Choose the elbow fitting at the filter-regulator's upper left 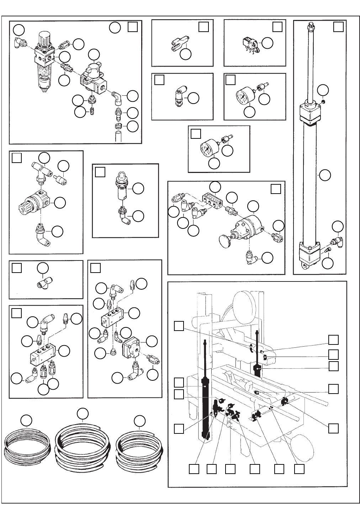19,42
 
